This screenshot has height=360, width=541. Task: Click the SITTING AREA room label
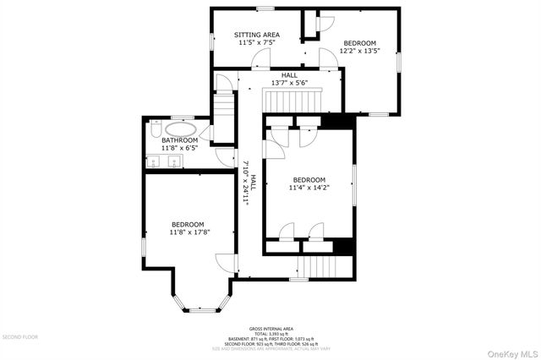257,35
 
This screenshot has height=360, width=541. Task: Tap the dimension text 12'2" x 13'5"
359,51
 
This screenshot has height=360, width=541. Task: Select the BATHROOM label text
180,140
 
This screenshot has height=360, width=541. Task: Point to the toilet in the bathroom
154,130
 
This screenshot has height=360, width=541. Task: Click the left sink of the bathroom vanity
156,161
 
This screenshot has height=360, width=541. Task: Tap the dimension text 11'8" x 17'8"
187,232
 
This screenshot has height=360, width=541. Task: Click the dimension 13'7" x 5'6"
289,83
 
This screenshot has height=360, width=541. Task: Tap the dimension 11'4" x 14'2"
309,188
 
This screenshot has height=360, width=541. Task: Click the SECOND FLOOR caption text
20,336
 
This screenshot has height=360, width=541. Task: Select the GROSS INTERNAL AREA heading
270,328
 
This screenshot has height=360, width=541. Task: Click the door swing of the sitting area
261,59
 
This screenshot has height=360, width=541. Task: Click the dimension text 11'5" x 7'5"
257,42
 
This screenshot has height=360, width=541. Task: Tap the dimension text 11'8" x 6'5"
179,149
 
